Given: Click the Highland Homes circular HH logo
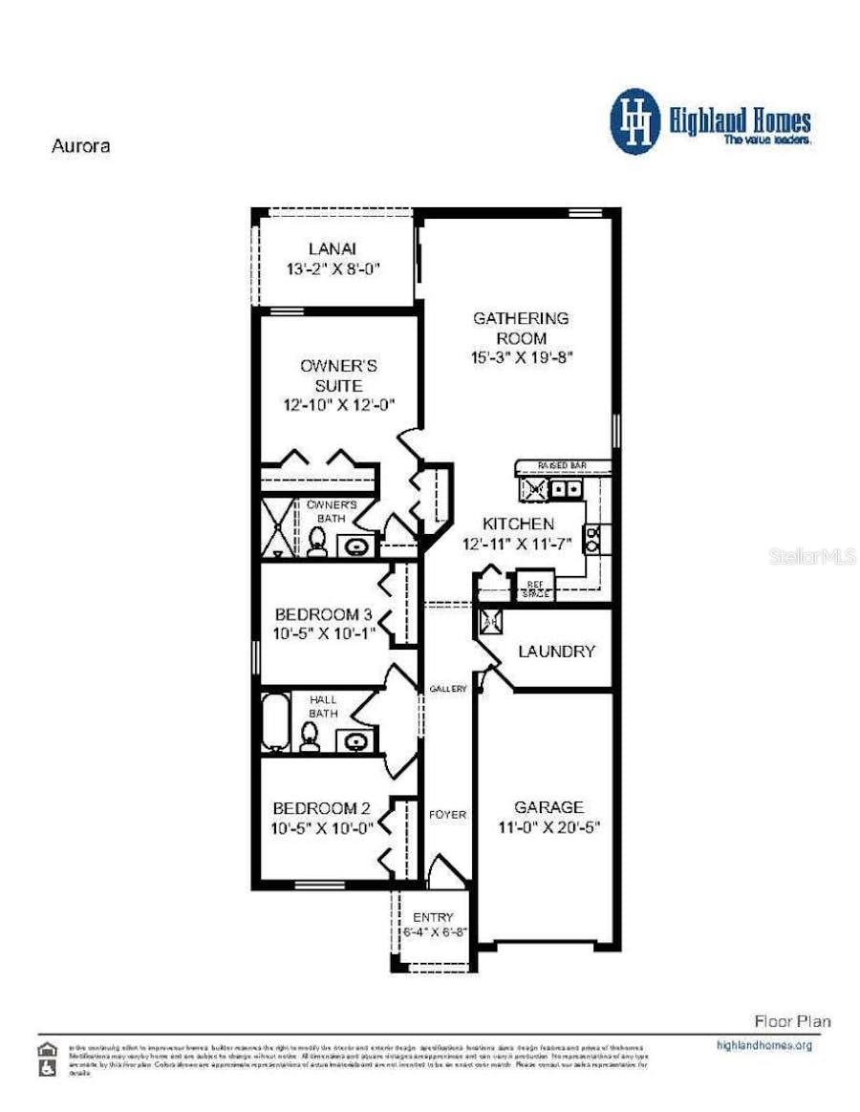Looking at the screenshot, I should (635, 121).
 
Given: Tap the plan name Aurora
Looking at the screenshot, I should (79, 147).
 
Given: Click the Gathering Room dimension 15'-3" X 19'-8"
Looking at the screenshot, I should (522, 358).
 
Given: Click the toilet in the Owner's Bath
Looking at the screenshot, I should (317, 542).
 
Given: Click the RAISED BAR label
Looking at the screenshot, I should (561, 465).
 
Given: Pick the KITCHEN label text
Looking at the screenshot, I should (517, 524).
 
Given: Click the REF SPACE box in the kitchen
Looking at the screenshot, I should (534, 585).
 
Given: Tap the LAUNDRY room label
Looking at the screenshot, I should (556, 652).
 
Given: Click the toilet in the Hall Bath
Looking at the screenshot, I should (310, 736).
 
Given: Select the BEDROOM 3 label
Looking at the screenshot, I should (324, 613).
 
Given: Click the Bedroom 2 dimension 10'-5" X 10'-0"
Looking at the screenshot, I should (324, 828).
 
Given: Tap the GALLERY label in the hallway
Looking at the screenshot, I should (447, 689).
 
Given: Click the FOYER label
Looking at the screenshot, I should (447, 815).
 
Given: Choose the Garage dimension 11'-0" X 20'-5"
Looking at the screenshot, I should (548, 828).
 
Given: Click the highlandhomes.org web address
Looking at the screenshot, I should (763, 1045).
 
